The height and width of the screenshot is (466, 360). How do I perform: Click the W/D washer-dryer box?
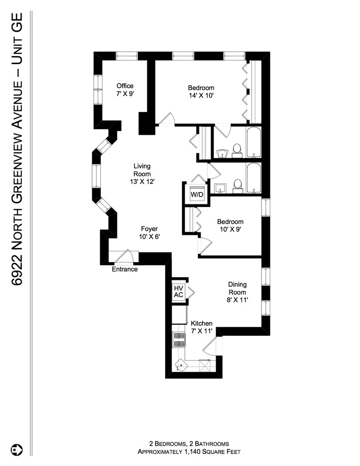point(197,194)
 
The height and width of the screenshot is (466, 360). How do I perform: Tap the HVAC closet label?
point(178,292)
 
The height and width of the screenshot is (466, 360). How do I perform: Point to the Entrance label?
point(125,269)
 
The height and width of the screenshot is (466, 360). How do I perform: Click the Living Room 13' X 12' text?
point(142,174)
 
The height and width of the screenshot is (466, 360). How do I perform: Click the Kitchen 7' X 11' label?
point(202,327)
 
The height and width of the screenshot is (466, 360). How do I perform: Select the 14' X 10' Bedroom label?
point(201,91)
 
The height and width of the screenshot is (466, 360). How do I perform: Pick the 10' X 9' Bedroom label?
point(230,225)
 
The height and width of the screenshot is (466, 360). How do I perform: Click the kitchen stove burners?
point(179,339)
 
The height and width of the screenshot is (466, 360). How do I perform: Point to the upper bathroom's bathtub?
point(254,142)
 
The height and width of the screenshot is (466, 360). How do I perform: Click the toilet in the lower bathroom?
point(237,185)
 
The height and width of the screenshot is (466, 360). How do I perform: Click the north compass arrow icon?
point(17,450)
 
